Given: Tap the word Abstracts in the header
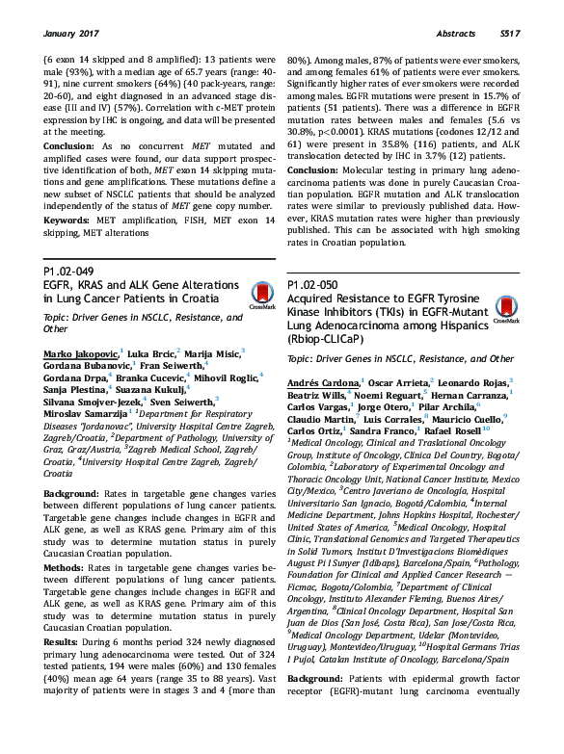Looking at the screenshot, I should pyautogui.click(x=456, y=34).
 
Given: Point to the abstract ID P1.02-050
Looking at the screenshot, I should pyautogui.click(x=313, y=286).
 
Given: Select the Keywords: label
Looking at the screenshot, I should pyautogui.click(x=69, y=221).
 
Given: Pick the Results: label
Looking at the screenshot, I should pyautogui.click(x=66, y=640).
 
